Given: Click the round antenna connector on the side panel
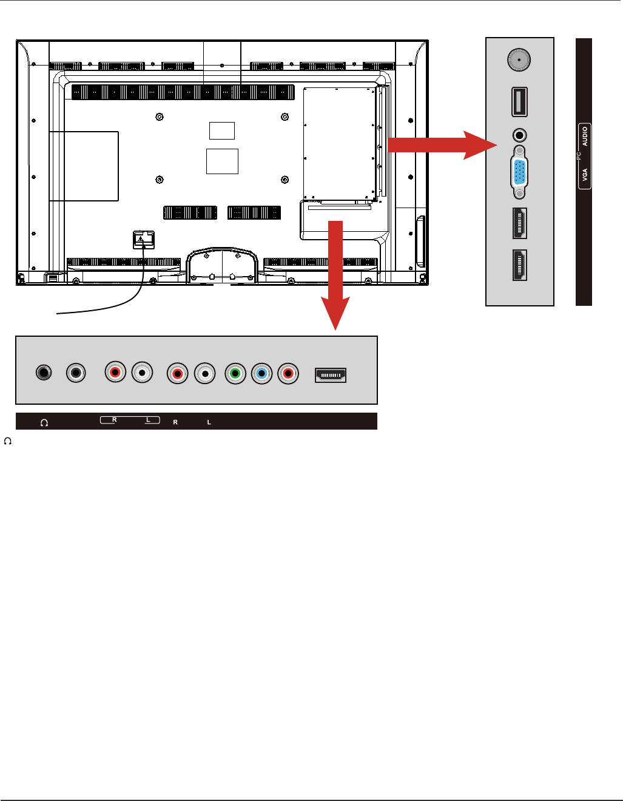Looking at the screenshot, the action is click(x=519, y=61).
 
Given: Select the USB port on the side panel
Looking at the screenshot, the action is click(x=519, y=102).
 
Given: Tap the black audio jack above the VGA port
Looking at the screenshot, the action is click(x=519, y=135).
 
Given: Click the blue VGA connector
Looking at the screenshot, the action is click(x=519, y=172).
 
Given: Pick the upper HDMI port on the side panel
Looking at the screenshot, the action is click(x=519, y=223).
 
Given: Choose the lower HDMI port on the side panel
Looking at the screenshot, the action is click(x=519, y=265).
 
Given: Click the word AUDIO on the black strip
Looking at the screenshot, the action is click(x=585, y=137).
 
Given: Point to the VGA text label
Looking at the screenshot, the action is click(x=585, y=175).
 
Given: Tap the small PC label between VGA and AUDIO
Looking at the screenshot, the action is click(x=579, y=156).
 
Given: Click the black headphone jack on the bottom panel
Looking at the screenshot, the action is click(x=42, y=373).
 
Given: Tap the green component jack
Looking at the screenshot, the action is click(x=235, y=373).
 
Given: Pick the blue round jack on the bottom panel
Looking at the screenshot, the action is click(x=261, y=373).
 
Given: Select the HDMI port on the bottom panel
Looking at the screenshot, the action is click(x=330, y=376).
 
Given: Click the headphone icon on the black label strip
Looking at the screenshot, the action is click(x=44, y=422).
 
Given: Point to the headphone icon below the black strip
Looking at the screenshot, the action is click(x=8, y=440).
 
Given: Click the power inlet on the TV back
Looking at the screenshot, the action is click(x=144, y=240).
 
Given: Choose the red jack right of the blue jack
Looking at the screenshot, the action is click(x=288, y=373).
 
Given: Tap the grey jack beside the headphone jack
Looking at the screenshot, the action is click(x=75, y=373).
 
